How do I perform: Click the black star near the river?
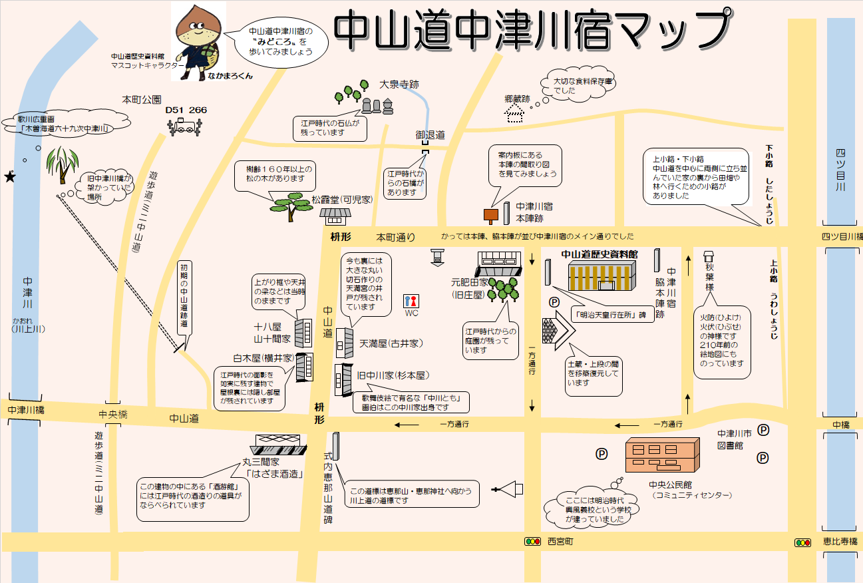tap(10, 177)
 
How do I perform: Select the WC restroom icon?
tap(412, 300)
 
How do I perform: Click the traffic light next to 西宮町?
tap(532, 542)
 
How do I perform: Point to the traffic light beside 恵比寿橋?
tap(802, 542)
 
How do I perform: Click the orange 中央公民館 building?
tap(662, 456)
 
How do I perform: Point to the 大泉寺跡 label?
tap(399, 85)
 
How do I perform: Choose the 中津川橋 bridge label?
tap(26, 411)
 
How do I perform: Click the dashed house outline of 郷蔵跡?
tap(515, 114)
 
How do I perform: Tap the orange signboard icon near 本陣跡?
tap(490, 214)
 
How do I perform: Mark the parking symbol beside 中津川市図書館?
tap(763, 430)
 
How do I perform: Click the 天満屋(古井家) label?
tap(391, 343)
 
